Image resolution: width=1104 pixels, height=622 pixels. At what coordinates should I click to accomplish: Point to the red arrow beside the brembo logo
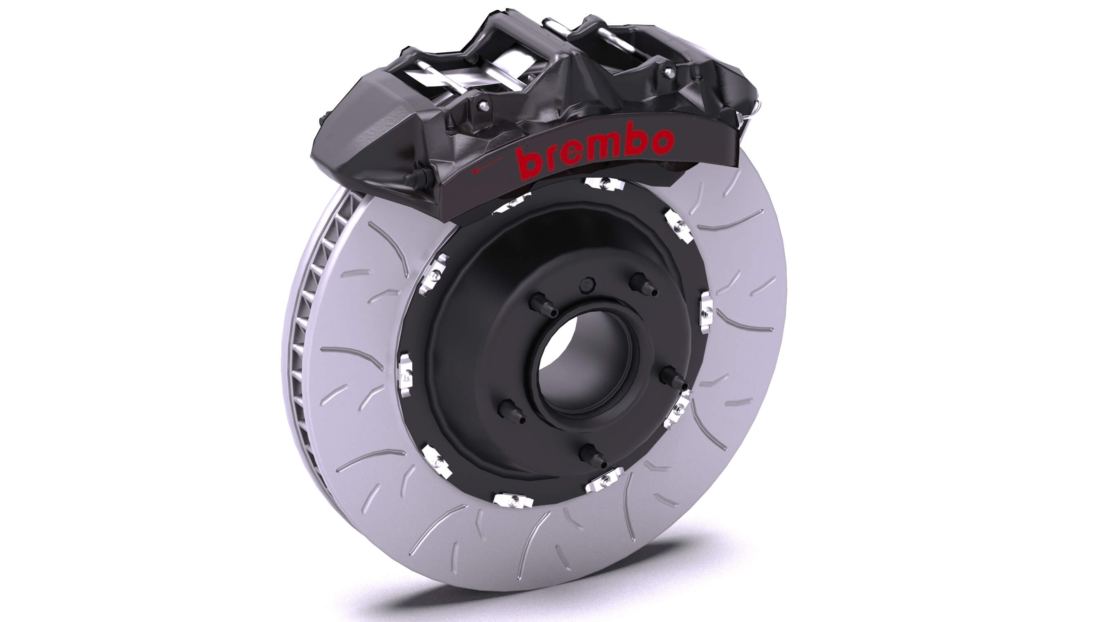[x=487, y=166]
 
